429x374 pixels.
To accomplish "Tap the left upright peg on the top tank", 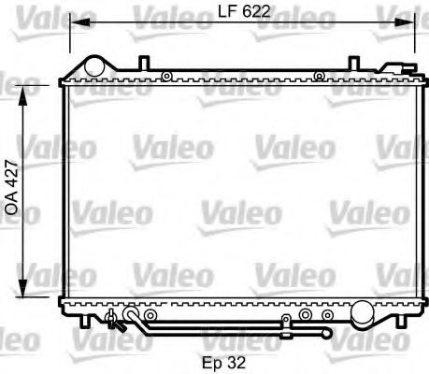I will pos(142,64).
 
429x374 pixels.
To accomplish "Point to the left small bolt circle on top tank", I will pos(165,76).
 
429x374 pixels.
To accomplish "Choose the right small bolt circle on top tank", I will pos(319,76).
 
